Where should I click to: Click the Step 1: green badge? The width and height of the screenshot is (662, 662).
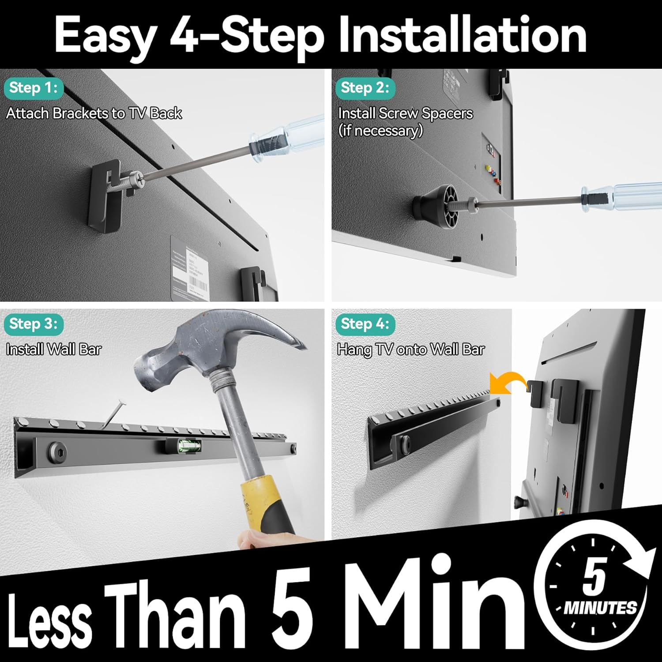point(34,88)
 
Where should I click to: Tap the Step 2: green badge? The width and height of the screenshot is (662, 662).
point(365,88)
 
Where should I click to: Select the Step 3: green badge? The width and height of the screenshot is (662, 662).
point(34,324)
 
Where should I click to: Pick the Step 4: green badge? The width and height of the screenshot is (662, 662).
point(365,324)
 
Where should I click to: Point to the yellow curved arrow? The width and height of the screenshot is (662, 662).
point(508,380)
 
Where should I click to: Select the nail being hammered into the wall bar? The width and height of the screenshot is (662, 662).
point(113,413)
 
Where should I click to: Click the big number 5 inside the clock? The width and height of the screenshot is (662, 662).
point(595,575)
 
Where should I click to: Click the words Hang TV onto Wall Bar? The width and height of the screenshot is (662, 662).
point(411,350)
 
